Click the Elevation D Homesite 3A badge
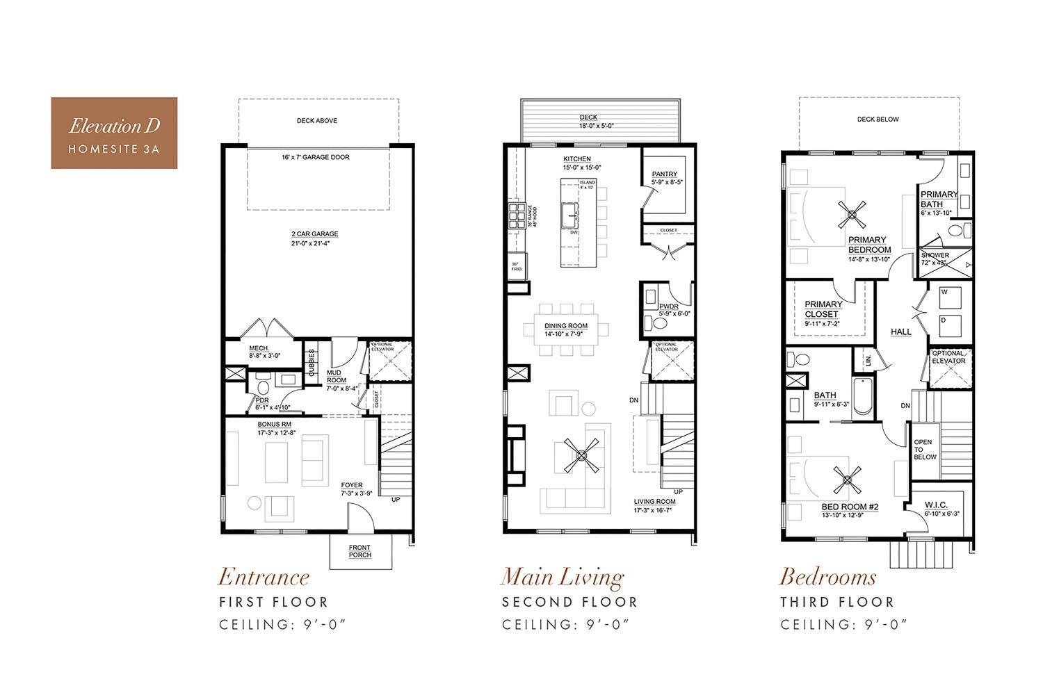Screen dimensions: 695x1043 (114, 133)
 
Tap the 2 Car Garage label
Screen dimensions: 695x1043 (315, 238)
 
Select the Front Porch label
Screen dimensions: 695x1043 (359, 550)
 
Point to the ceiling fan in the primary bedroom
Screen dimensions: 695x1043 (852, 215)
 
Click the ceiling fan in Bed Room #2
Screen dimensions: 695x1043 (848, 479)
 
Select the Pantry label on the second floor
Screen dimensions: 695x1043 (664, 179)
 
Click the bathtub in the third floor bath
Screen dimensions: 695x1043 (862, 397)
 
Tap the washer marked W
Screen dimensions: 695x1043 (948, 297)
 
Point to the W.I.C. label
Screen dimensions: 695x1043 (937, 509)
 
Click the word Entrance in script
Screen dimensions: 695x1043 (264, 576)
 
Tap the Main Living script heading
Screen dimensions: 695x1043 (562, 576)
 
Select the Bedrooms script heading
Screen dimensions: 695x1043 (827, 576)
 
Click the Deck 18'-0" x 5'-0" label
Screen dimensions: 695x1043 (588, 122)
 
